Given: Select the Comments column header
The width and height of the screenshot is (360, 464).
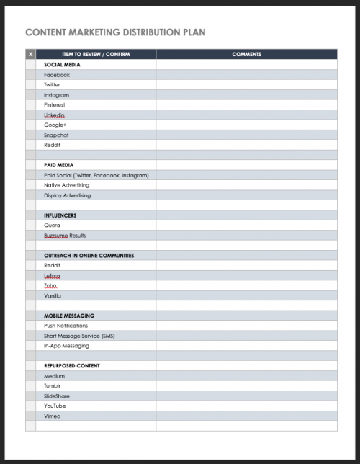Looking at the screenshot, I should coord(246,55).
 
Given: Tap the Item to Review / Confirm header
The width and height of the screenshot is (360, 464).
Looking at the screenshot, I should coord(95,55).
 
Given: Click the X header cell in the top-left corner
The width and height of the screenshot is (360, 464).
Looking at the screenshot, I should coord(30,55).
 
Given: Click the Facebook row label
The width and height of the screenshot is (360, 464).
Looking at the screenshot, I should coord(57,75).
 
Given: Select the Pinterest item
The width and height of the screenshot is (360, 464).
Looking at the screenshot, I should coord(54,105).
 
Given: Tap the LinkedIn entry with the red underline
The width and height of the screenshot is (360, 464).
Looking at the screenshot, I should coord(54,115).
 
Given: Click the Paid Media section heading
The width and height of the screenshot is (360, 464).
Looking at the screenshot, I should coord(58,165).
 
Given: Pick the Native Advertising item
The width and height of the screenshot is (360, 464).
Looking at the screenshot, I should coord(67,185).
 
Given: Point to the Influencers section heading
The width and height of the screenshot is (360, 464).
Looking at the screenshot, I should coord(60,215).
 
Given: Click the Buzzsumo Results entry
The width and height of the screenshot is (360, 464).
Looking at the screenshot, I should coord(65,236).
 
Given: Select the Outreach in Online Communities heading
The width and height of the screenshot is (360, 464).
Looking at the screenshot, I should coord(89,256).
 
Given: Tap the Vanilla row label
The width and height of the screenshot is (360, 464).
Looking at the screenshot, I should coord(53,295).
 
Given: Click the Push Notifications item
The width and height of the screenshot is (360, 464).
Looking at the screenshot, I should coord(66,326).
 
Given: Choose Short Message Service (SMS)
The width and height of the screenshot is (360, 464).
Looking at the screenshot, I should coord(79,336).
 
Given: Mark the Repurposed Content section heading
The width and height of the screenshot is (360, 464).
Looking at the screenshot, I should coord(71,366).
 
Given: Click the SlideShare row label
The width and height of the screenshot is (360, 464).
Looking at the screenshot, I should coord(58,396).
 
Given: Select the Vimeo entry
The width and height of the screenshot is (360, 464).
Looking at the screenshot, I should coord(52,416).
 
